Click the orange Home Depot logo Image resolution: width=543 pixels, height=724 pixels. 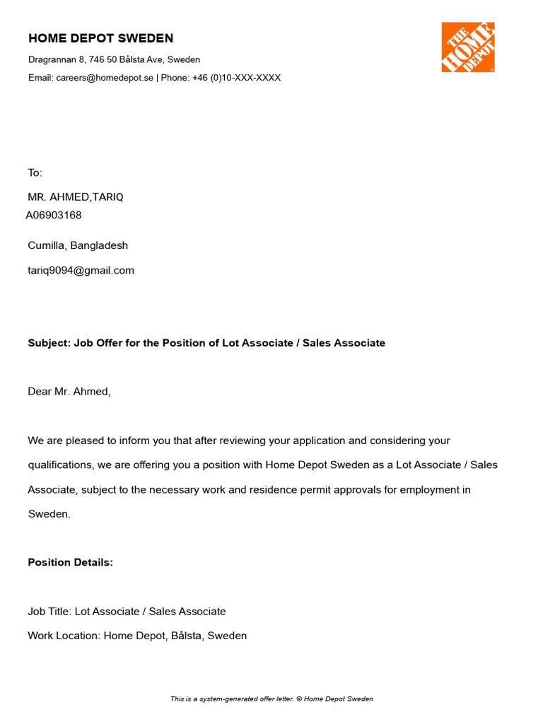467,47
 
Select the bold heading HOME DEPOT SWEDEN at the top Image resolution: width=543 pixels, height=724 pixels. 100,38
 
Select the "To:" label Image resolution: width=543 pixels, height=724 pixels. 35,173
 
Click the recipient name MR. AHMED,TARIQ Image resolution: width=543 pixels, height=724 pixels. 76,197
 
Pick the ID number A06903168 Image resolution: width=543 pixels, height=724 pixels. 54,215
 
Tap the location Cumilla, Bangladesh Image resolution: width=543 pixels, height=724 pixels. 78,246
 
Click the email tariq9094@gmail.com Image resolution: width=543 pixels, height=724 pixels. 81,270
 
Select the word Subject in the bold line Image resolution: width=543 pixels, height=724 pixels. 49,344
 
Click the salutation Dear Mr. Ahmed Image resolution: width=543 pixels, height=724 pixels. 69,392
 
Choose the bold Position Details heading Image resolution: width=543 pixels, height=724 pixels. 70,563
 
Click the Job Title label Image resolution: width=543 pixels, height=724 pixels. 49,612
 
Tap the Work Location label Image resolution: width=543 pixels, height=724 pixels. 64,636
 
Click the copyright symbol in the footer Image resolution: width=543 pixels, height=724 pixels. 299,699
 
